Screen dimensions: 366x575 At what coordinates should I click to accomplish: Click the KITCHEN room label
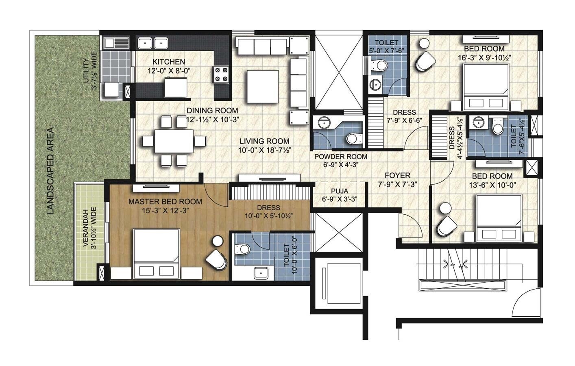click(x=168, y=62)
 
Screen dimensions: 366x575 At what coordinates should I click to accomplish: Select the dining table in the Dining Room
click(x=174, y=141)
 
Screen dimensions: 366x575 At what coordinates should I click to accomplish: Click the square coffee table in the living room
click(x=262, y=87)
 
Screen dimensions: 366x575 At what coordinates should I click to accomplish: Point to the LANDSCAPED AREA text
click(x=50, y=171)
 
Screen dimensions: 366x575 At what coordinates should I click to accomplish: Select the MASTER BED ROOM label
click(x=165, y=201)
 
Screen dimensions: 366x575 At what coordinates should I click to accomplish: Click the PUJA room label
click(x=339, y=191)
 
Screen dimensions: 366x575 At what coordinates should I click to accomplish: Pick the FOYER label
click(x=397, y=175)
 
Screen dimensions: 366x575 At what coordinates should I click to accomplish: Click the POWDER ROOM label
click(x=340, y=157)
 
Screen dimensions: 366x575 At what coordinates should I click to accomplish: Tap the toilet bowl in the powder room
click(x=354, y=139)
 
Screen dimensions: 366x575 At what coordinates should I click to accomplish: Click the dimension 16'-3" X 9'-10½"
click(x=484, y=57)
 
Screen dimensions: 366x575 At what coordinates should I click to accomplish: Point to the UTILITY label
click(x=86, y=71)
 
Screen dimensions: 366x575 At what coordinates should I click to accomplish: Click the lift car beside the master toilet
click(x=338, y=281)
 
